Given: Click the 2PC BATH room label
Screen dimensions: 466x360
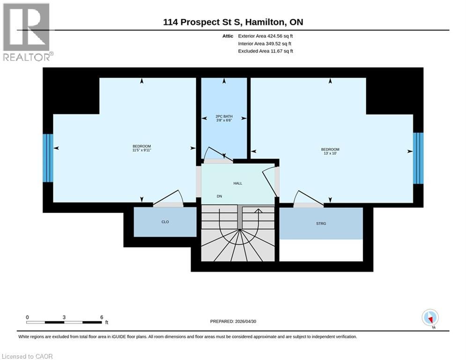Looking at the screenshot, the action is tap(224, 116).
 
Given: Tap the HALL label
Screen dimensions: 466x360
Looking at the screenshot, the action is tap(238, 183).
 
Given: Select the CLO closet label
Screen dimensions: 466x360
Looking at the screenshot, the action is tap(165, 222).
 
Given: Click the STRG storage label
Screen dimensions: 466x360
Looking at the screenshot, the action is tap(321, 224).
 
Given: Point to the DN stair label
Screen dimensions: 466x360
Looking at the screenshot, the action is tap(219, 196).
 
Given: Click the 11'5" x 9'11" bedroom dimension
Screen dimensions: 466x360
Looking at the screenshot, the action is tap(142, 150).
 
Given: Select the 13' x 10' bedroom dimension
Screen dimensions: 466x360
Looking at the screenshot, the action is tap(330, 153).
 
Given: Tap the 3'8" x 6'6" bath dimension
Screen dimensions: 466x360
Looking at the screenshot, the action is tap(224, 120).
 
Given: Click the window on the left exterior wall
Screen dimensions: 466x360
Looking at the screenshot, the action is tap(48, 158).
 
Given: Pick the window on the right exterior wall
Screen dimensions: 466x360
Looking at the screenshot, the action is tap(418, 158).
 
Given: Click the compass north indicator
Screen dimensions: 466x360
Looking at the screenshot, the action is tap(430, 318).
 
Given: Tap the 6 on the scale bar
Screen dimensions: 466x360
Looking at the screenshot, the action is tap(102, 317).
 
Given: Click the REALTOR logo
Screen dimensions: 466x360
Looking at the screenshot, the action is tap(27, 32).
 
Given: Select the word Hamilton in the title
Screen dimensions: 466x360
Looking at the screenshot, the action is tap(265, 22).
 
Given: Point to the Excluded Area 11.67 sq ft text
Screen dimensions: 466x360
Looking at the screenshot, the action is tap(266, 51).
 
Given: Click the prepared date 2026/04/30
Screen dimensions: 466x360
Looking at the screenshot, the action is tap(245, 321).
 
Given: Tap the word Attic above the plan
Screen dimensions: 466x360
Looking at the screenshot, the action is tap(228, 36).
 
